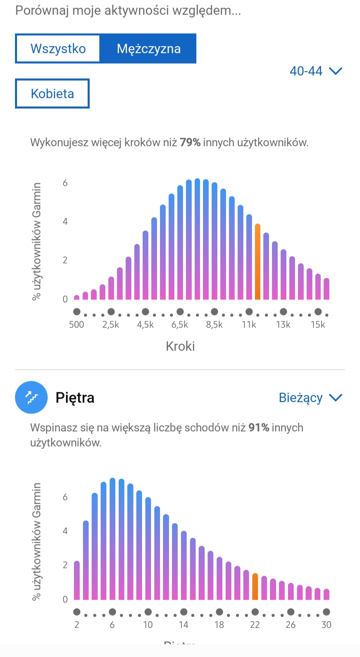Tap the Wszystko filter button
pyautogui.click(x=58, y=49)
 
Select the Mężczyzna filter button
pyautogui.click(x=148, y=49)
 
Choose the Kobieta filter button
pyautogui.click(x=52, y=94)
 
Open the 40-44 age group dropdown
pyautogui.click(x=315, y=71)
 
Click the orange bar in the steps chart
pyautogui.click(x=257, y=262)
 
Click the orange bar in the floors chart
pyautogui.click(x=255, y=587)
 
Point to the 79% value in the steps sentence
pyautogui.click(x=190, y=142)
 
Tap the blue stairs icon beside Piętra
pyautogui.click(x=31, y=398)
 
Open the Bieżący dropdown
pyautogui.click(x=310, y=398)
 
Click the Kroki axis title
pyautogui.click(x=180, y=346)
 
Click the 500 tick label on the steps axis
pyautogui.click(x=76, y=324)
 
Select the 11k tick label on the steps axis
pyautogui.click(x=249, y=324)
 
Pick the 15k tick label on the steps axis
pyautogui.click(x=318, y=324)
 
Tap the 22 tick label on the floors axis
pyautogui.click(x=255, y=625)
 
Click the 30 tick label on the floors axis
pyautogui.click(x=326, y=625)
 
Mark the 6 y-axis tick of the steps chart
pyautogui.click(x=65, y=183)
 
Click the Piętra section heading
pyautogui.click(x=75, y=398)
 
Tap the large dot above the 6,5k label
pyautogui.click(x=180, y=312)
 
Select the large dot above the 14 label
pyautogui.click(x=184, y=612)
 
